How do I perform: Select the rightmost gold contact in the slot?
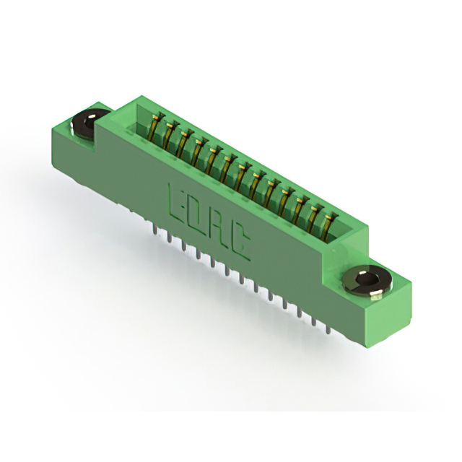pyautogui.click(x=328, y=228)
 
